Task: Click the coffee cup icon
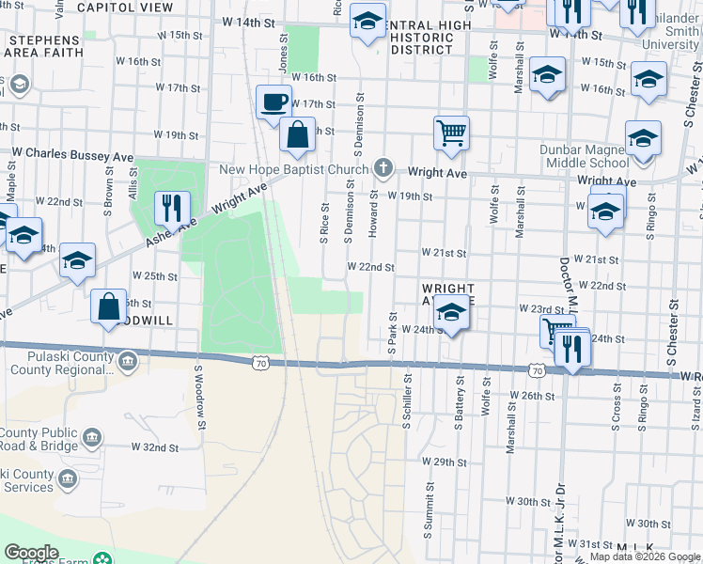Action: coord(273,102)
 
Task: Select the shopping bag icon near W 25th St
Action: coord(109,306)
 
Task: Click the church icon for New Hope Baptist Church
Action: coord(383,169)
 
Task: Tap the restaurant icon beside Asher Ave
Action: coord(172,208)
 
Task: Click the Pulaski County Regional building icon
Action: coord(128,360)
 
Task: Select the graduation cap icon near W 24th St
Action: coord(452,315)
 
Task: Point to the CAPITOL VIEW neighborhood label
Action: coord(125,7)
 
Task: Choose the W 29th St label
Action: coord(445,462)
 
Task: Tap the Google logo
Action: coord(30,553)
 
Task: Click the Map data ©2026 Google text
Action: coord(644,556)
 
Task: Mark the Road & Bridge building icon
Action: coord(92,438)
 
